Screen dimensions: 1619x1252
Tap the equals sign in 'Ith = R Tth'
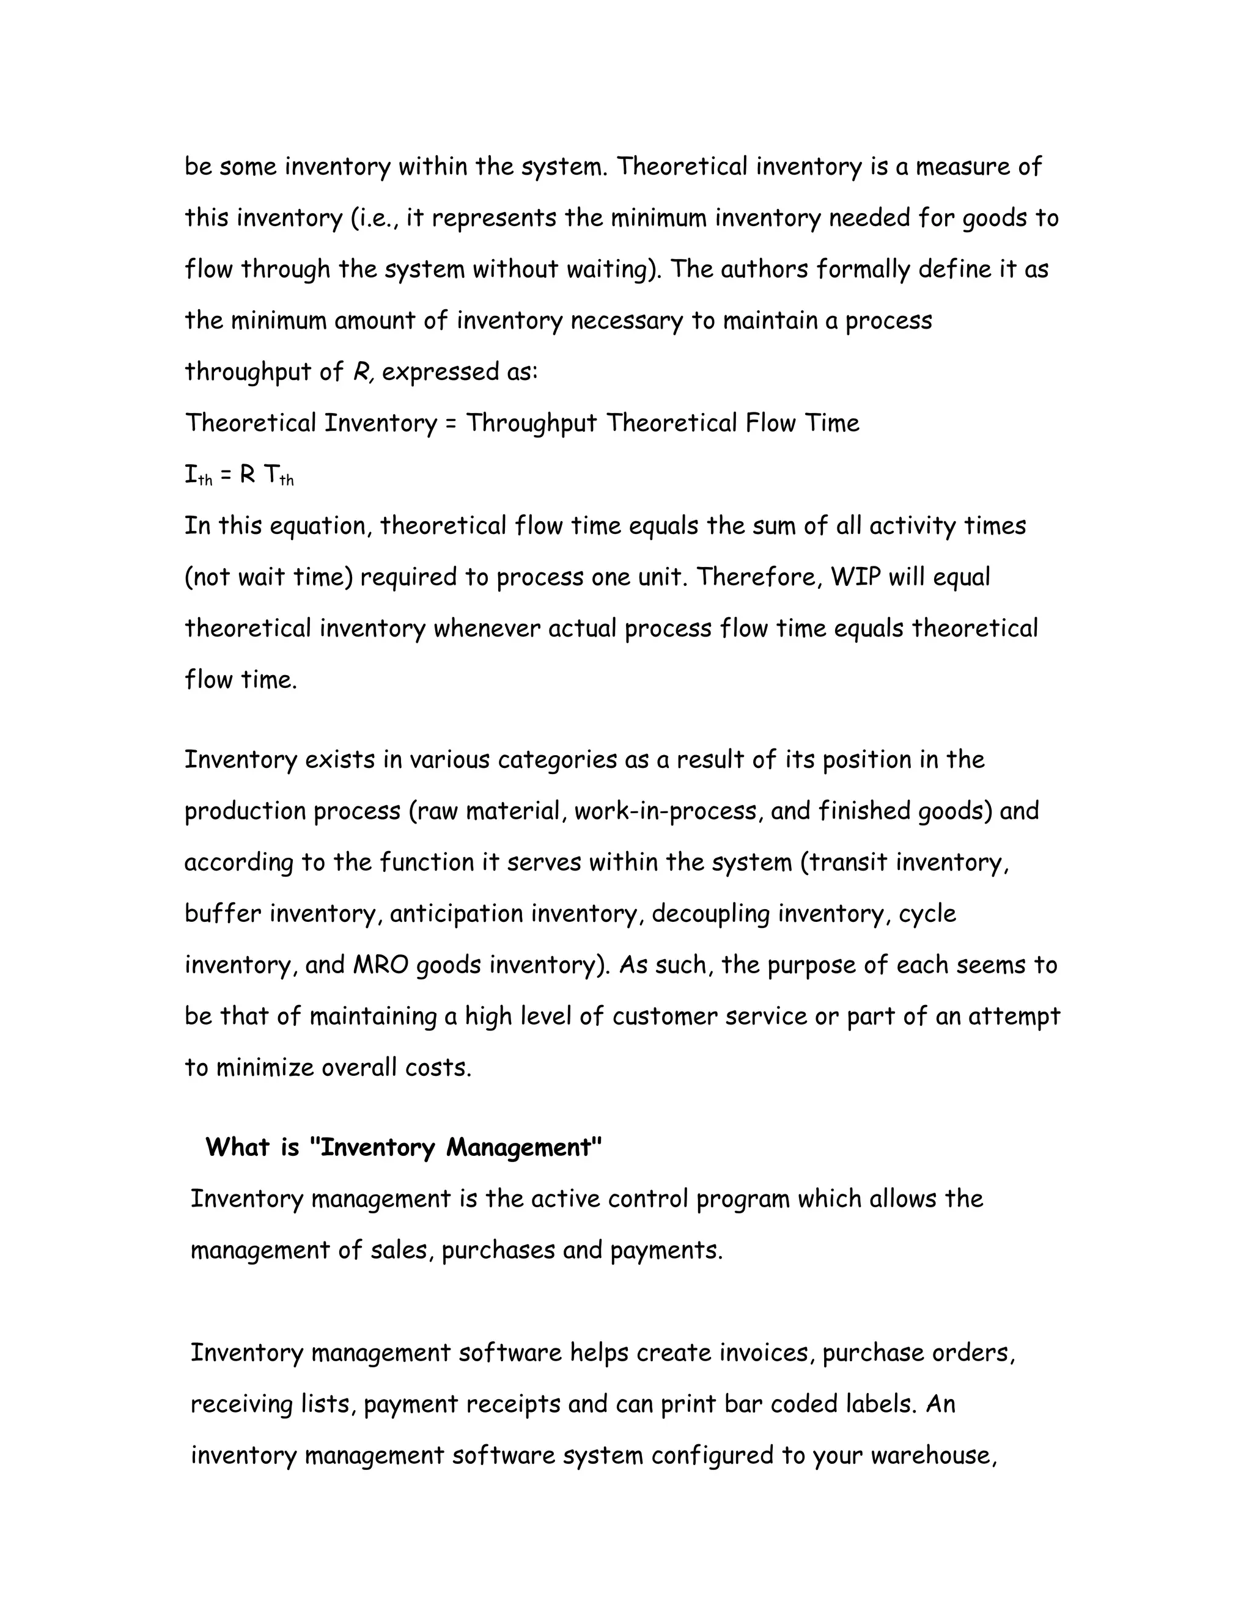click(226, 475)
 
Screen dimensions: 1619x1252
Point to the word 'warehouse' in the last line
click(932, 1456)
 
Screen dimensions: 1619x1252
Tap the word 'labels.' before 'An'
click(880, 1404)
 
